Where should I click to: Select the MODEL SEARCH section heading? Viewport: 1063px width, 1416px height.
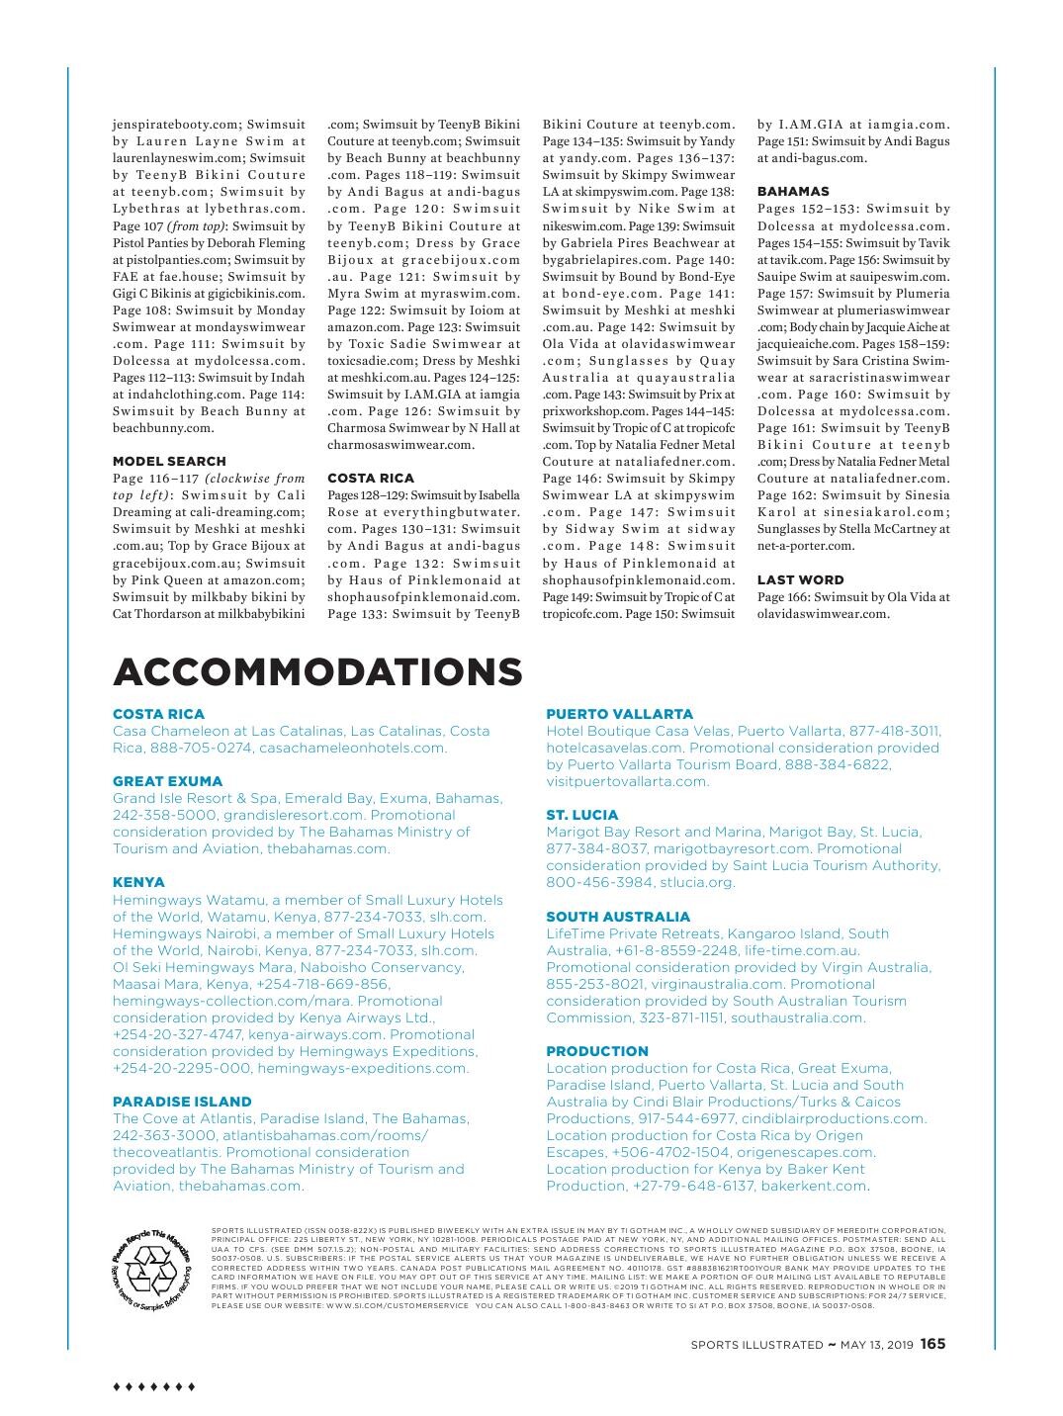point(169,461)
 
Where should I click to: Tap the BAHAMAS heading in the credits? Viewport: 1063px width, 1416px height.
point(793,191)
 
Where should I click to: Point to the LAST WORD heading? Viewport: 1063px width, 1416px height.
point(800,579)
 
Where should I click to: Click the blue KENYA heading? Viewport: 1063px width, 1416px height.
point(138,882)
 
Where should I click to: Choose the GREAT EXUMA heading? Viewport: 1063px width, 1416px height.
point(167,781)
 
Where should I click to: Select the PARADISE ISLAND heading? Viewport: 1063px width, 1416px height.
point(182,1102)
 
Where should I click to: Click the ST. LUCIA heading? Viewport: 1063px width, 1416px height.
point(581,815)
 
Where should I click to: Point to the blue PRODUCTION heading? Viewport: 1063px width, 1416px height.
point(596,1051)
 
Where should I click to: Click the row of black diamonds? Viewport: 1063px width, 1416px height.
point(154,1386)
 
